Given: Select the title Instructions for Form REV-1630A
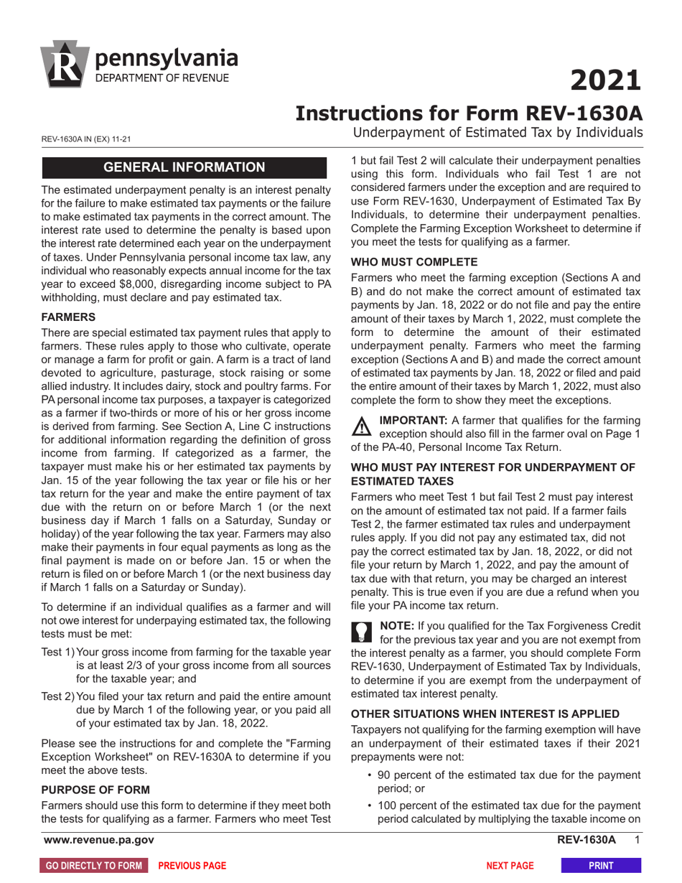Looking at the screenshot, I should (x=470, y=113).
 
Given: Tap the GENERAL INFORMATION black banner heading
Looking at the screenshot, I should (x=185, y=168).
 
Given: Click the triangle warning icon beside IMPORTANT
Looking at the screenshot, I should (x=361, y=426).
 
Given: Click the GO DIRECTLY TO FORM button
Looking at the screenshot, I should (x=94, y=866).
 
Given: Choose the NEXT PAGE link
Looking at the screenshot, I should (x=510, y=866).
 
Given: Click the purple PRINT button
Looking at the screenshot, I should (x=600, y=866).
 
